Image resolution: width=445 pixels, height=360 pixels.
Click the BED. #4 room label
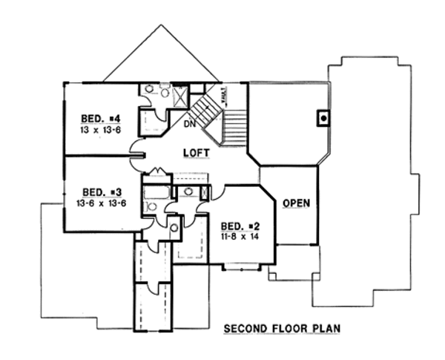[99, 118]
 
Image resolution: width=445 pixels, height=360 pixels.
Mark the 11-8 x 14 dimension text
[239, 236]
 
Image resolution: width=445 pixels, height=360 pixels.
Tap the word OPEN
[296, 203]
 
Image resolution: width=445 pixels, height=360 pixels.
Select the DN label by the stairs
[190, 123]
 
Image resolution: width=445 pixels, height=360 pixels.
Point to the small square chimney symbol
[323, 117]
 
